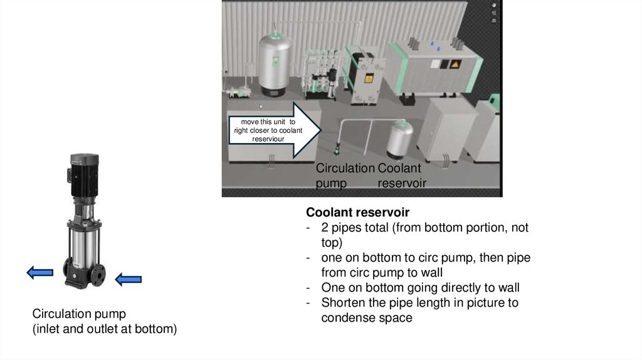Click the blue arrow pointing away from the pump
(39, 272)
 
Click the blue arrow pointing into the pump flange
(128, 280)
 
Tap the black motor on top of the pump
(84, 175)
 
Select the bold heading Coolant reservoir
(357, 212)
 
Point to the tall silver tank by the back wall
(275, 65)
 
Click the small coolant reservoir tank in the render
(399, 140)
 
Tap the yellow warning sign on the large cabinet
(455, 64)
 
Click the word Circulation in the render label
(345, 168)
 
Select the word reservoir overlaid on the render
(402, 183)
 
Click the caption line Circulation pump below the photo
(79, 314)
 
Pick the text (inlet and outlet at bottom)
(105, 329)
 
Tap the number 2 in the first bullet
(325, 227)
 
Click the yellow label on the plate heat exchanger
(369, 78)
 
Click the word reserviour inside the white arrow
(268, 139)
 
